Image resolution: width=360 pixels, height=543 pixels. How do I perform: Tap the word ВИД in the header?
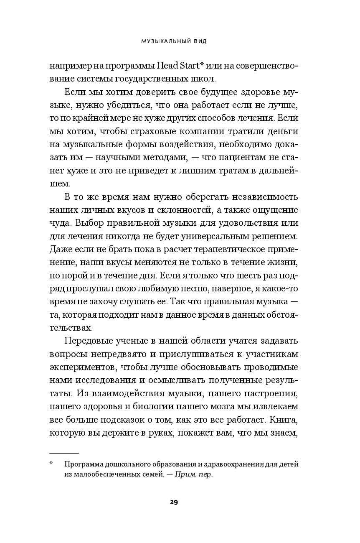201,42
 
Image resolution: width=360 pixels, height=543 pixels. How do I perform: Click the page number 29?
174,502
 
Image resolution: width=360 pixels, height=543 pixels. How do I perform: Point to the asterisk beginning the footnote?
51,464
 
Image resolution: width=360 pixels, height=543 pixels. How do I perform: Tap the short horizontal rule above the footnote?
64,453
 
